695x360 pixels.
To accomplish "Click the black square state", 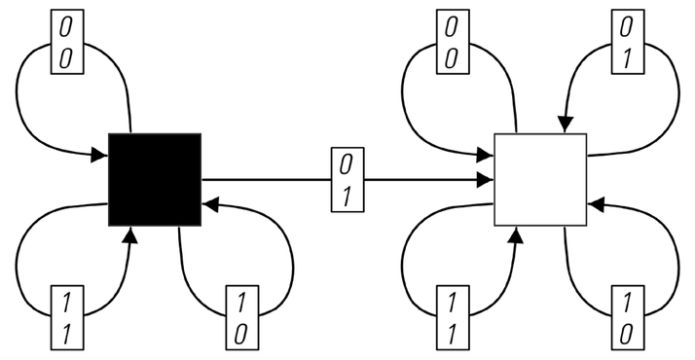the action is point(155,179).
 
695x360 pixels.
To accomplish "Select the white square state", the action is point(541,179).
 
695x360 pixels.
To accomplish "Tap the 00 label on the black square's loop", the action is point(67,42).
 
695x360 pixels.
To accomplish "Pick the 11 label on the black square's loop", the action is point(67,317).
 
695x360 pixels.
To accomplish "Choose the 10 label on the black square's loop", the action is point(242,317).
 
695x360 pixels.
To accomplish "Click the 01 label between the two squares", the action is point(347,179).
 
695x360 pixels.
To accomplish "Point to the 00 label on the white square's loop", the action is point(453,42).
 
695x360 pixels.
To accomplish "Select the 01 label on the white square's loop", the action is point(628,42).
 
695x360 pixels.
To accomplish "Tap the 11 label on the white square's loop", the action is point(453,317).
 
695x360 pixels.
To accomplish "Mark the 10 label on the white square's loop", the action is point(628,317).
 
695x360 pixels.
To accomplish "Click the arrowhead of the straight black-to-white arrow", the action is point(487,180).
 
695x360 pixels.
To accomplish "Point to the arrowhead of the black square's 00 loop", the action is point(99,156).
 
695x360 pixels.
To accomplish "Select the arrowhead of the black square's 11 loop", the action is point(129,235).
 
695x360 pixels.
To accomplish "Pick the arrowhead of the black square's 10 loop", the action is point(210,205).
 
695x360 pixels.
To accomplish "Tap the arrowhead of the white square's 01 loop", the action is point(566,124).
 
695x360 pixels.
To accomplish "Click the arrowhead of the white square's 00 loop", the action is point(486,155).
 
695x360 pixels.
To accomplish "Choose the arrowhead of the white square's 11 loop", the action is point(516,235).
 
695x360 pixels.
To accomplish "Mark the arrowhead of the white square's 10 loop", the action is point(596,205).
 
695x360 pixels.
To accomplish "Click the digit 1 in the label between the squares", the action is point(347,196).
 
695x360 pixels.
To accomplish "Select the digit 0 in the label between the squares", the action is point(347,164).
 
